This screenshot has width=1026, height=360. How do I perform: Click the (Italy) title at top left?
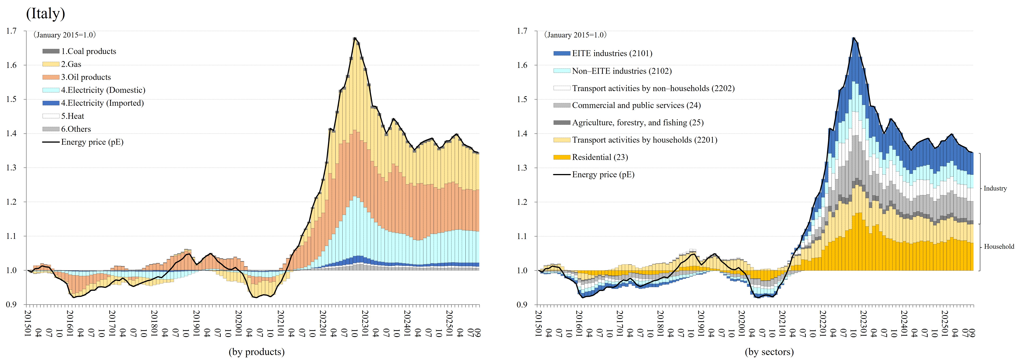[45, 14]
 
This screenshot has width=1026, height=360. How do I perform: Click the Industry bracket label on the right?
[995, 188]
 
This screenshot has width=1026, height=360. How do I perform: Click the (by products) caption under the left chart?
[256, 352]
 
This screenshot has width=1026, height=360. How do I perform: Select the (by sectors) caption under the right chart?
[769, 352]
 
